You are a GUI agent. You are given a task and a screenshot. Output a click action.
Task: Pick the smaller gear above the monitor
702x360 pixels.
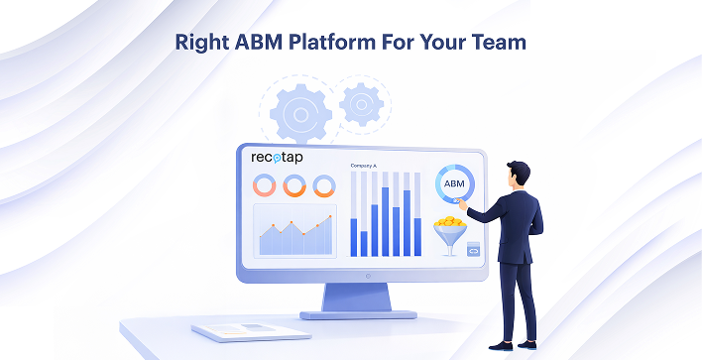360,101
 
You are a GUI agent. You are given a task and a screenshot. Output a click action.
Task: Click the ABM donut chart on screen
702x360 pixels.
455,184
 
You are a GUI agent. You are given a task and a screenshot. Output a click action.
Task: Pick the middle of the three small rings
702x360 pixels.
293,185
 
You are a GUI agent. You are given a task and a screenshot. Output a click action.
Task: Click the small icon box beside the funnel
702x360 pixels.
473,249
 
